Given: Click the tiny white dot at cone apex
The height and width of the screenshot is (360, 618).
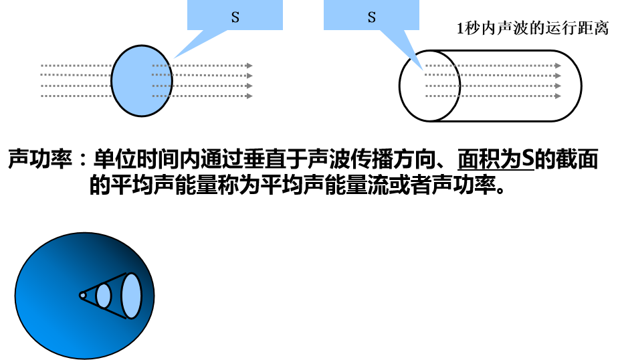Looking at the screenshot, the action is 82,294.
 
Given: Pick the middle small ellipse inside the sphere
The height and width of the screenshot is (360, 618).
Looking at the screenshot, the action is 104,295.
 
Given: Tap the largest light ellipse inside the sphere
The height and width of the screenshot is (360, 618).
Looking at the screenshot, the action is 131,295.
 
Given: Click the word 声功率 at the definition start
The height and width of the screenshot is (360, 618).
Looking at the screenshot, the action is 38,161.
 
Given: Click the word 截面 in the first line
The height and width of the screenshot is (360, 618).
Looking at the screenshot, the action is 579,161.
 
